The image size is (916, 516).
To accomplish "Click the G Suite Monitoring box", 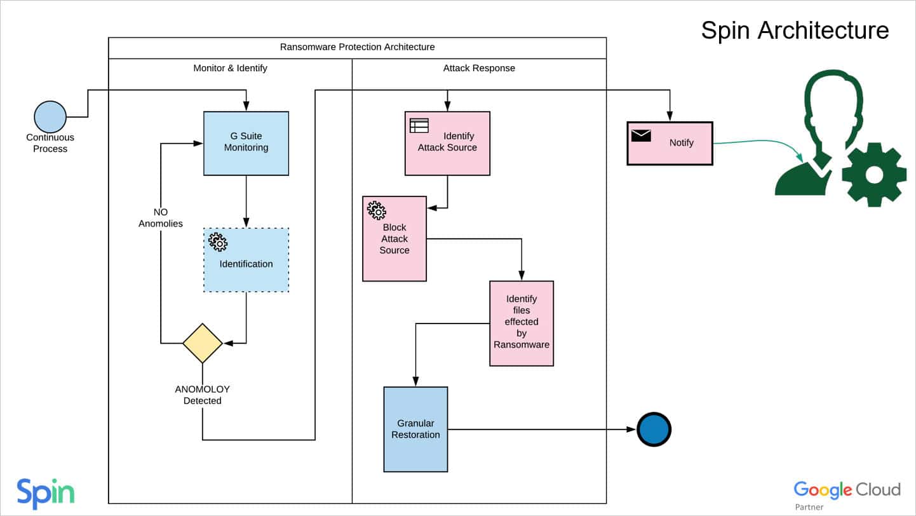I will coord(246,143).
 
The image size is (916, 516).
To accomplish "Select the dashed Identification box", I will coord(246,260).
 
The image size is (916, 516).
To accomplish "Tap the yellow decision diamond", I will coord(203,343).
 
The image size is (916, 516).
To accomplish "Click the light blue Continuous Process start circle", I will coord(50,117).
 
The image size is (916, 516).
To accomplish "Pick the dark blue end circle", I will coord(654,430).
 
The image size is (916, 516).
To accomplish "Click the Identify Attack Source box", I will coord(447,143).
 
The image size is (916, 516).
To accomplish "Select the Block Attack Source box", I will coord(394,238).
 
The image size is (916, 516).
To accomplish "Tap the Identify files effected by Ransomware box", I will coord(521,323).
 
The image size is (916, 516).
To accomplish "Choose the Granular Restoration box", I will coord(415,429).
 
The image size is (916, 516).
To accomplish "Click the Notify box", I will coord(670,143).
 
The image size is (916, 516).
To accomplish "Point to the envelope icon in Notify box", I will coord(641,135).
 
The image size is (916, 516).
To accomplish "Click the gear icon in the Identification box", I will coord(218,241).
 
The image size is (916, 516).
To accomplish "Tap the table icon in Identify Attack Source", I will coord(419,125).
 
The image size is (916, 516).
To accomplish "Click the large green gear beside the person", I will coord(873,174).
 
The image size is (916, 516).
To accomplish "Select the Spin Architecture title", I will coord(794,30).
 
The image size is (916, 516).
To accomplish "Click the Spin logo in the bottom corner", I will coord(45,493).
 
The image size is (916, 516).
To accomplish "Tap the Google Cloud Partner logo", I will coord(846,493).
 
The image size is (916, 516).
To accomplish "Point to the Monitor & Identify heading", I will coord(230,68).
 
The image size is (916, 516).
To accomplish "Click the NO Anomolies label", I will coord(161,217).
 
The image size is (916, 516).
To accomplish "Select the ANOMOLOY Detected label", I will coord(202,395).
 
